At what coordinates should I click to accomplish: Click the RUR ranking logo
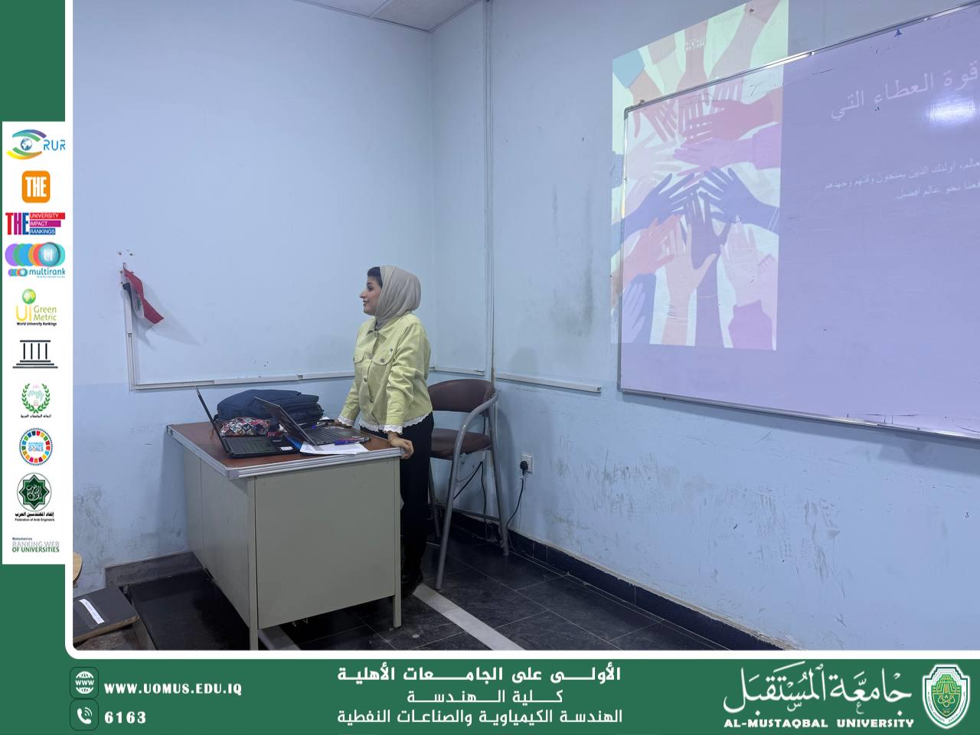click(35, 144)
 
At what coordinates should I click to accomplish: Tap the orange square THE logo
click(35, 186)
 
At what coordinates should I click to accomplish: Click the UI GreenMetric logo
click(35, 307)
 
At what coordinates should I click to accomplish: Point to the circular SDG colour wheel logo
click(35, 446)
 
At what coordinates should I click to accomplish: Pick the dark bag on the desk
click(268, 406)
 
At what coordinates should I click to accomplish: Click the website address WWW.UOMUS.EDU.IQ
click(173, 688)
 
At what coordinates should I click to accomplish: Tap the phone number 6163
click(125, 717)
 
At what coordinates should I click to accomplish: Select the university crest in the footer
click(946, 694)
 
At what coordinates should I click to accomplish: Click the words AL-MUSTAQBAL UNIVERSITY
click(818, 722)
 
